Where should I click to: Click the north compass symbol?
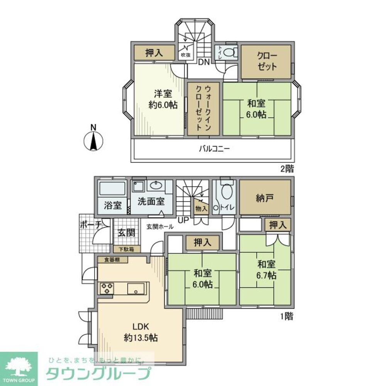93,141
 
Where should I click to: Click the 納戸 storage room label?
265,198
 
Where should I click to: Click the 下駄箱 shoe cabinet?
126,249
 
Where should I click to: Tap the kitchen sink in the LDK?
137,288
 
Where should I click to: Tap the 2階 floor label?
286,168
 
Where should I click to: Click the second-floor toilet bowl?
230,52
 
